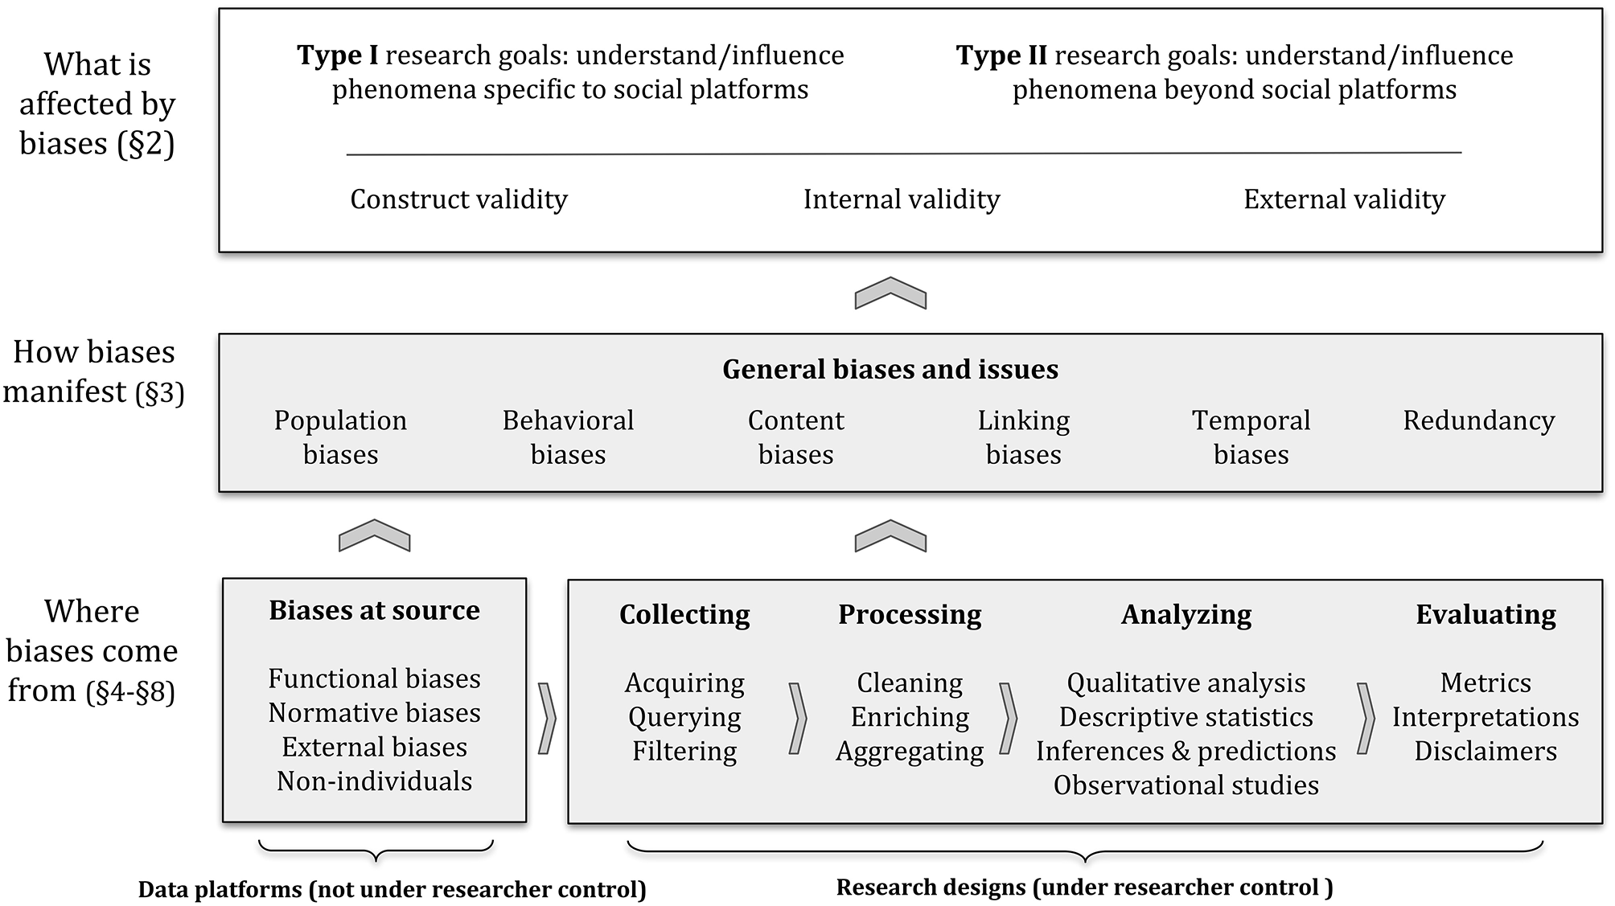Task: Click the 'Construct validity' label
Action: coord(458,199)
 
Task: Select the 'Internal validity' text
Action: coord(902,199)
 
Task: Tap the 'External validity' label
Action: coord(1344,199)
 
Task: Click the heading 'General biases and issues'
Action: coord(890,369)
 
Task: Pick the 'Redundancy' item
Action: coord(1478,420)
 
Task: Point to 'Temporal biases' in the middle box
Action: coord(1251,437)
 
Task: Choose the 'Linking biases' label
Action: coord(1023,437)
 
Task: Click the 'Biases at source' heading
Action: coord(374,610)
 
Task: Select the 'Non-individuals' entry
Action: coord(374,781)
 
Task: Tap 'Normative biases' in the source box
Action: coord(374,713)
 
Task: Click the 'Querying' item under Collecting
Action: coord(684,717)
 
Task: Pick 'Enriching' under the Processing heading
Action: coord(910,717)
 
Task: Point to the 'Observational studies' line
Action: coord(1186,785)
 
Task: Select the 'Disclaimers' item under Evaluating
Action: coord(1486,752)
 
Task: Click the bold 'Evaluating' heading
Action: coord(1486,614)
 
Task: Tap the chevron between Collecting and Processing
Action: coord(797,718)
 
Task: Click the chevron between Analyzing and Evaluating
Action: coord(1365,718)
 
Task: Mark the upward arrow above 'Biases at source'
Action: coord(374,535)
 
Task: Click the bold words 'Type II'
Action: coord(1001,55)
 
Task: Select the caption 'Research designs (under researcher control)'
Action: coord(1084,888)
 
